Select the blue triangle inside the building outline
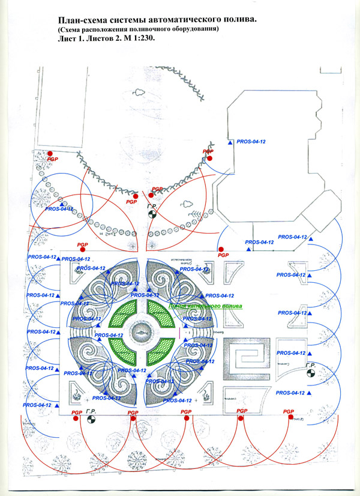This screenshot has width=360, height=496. pyautogui.click(x=230, y=142)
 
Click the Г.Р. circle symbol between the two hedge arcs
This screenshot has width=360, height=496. pyautogui.click(x=152, y=214)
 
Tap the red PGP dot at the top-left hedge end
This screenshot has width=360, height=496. pyautogui.click(x=52, y=154)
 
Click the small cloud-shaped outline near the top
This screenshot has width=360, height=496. pyautogui.click(x=139, y=92)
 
